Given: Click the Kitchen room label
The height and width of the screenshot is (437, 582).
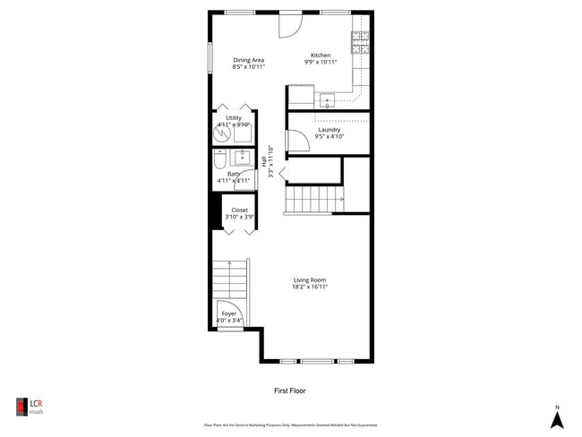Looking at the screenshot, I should [320, 55].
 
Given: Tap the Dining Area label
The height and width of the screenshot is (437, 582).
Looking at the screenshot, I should [248, 60].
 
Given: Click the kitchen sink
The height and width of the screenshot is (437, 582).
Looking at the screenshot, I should [327, 99].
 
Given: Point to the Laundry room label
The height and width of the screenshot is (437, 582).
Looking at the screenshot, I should [329, 130].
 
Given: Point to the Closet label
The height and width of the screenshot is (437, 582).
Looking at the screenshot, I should [239, 210].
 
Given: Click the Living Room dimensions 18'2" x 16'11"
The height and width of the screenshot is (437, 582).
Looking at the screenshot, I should [309, 287].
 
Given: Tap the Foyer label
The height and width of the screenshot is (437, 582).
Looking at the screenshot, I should [229, 313].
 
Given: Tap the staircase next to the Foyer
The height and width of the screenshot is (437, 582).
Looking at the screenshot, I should [229, 279].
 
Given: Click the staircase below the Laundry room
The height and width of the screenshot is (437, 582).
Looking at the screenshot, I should [314, 199].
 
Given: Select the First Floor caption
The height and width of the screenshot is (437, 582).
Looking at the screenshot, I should [290, 390].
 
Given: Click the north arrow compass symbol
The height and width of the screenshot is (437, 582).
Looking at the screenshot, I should [556, 417].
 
